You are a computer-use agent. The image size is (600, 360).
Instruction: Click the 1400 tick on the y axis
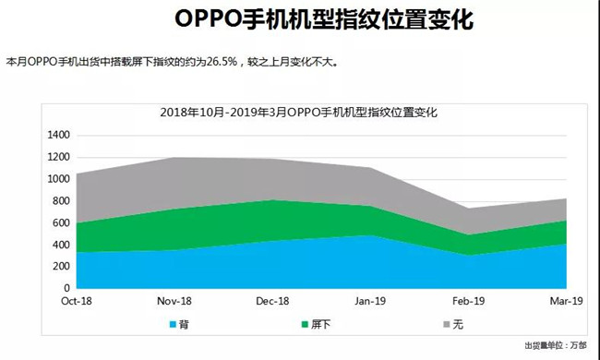[x=57, y=135]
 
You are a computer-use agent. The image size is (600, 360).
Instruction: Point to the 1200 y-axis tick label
[x=57, y=157]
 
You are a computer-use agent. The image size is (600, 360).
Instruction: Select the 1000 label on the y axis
[x=57, y=179]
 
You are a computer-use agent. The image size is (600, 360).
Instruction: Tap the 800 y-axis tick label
[x=61, y=201]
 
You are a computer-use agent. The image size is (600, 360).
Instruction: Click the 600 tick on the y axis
[x=61, y=223]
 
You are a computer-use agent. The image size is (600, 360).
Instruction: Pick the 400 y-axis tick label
[x=61, y=245]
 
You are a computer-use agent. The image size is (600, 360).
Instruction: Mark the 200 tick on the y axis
[x=61, y=267]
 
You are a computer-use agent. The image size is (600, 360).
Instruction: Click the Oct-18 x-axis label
[x=77, y=301]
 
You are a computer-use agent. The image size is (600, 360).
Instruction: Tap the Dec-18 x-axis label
[x=272, y=301]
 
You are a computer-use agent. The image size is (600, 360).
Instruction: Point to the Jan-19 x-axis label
[x=370, y=301]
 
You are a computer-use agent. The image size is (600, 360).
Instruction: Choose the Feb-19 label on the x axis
[x=468, y=301]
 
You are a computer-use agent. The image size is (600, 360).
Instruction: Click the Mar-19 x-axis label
[x=565, y=301]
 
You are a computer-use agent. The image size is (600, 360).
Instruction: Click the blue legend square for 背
[x=172, y=325]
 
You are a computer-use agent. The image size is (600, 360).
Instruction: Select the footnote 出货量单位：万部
[x=555, y=345]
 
